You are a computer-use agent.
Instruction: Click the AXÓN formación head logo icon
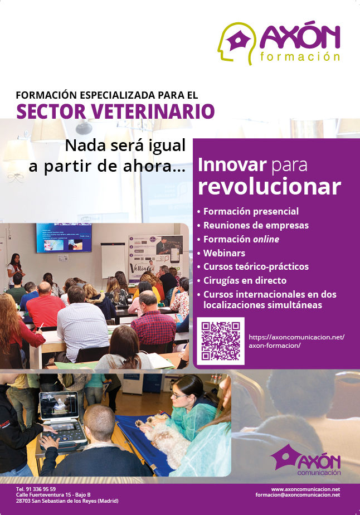coord(237,43)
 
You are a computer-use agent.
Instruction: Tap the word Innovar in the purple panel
coord(232,165)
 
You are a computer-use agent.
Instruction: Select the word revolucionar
coord(269,187)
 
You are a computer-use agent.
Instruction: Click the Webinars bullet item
coord(224,253)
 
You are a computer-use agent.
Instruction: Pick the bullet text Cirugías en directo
coord(245,280)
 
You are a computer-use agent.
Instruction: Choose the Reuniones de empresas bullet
coord(256,225)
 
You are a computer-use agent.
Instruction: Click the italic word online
coord(266,239)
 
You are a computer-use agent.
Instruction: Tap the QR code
coord(221,341)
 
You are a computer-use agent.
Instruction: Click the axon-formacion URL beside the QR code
coord(296,341)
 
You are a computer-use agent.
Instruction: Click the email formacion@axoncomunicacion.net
coord(298,495)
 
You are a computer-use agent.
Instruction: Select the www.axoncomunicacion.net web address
coord(305,489)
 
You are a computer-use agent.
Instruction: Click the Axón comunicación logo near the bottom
coord(305,460)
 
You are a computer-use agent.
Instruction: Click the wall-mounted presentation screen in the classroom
coord(64,238)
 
